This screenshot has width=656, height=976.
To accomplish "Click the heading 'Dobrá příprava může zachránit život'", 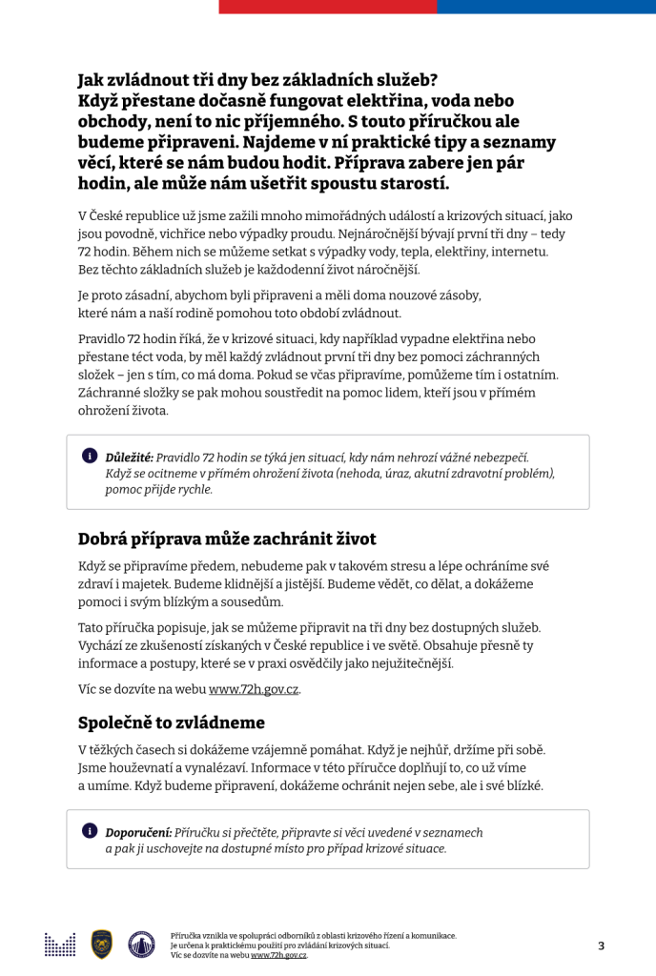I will [x=227, y=539].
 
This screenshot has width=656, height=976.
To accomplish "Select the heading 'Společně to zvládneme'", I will [x=171, y=722].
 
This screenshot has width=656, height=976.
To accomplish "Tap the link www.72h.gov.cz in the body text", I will [x=254, y=688].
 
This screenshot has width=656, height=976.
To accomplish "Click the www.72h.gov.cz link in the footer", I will [x=278, y=954].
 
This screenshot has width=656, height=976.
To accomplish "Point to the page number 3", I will [x=601, y=945].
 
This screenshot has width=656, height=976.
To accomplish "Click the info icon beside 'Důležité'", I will [x=89, y=457].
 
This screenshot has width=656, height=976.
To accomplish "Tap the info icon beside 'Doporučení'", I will [x=89, y=831].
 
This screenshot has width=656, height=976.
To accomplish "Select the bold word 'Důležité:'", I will [x=129, y=457].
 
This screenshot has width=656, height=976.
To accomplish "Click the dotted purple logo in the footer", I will [x=60, y=945].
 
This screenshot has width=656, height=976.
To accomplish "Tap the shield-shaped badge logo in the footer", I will [x=102, y=944].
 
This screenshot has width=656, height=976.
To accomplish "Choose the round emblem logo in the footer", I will [x=141, y=944].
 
